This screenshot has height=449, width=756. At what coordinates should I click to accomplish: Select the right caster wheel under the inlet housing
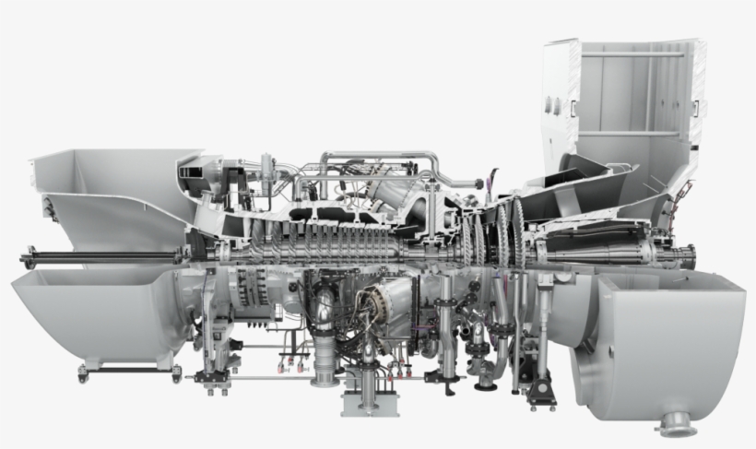tap(177, 372)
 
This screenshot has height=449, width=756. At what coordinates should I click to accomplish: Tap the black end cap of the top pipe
tap(478, 183)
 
